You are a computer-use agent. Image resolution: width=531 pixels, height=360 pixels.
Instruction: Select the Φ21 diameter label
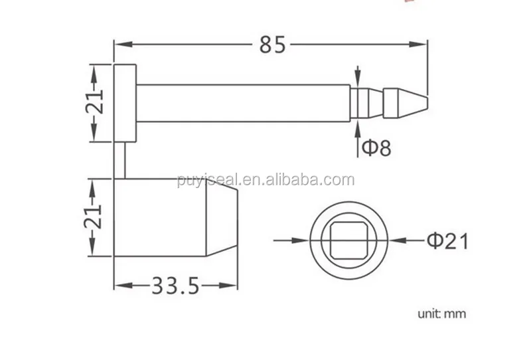click(447, 240)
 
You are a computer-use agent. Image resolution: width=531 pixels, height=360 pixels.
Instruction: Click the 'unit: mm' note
click(441, 314)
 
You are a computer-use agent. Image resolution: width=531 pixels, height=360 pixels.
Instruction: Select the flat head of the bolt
click(125, 102)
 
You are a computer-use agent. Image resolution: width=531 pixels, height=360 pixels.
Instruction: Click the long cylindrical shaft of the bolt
click(243, 103)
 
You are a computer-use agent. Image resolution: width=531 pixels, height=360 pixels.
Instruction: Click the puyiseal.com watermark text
click(265, 180)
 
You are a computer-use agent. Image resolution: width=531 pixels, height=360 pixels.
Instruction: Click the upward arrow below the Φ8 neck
click(358, 130)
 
